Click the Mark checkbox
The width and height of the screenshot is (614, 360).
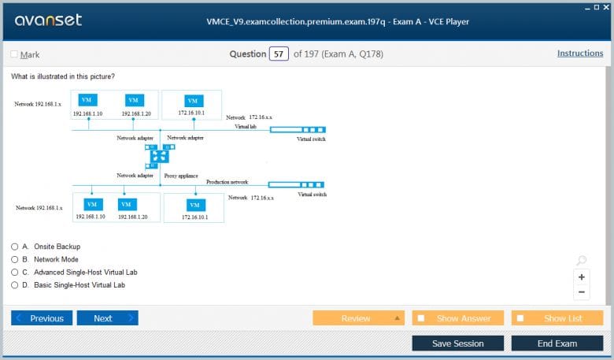[14, 54]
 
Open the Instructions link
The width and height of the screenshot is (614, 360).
[580, 54]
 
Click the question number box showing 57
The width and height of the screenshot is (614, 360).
[279, 54]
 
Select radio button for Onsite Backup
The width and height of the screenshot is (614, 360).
[14, 247]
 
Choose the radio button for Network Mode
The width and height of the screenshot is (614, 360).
[14, 259]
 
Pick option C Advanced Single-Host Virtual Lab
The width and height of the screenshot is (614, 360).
[14, 273]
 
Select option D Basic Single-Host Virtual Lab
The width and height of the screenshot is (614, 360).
[14, 285]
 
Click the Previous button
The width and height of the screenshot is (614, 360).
[42, 318]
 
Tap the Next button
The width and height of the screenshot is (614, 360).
[108, 318]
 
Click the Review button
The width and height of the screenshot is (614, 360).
[359, 318]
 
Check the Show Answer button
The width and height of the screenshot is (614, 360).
[458, 318]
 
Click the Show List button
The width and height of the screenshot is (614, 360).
[557, 318]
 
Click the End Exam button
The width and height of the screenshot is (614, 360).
[557, 343]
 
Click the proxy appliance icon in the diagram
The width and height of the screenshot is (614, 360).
[160, 156]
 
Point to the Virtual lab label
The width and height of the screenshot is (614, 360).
[246, 127]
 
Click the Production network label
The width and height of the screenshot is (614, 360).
[227, 182]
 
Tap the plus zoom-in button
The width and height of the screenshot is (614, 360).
[582, 277]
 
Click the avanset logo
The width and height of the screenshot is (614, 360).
[48, 20]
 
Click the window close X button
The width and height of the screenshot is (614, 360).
[606, 7]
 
